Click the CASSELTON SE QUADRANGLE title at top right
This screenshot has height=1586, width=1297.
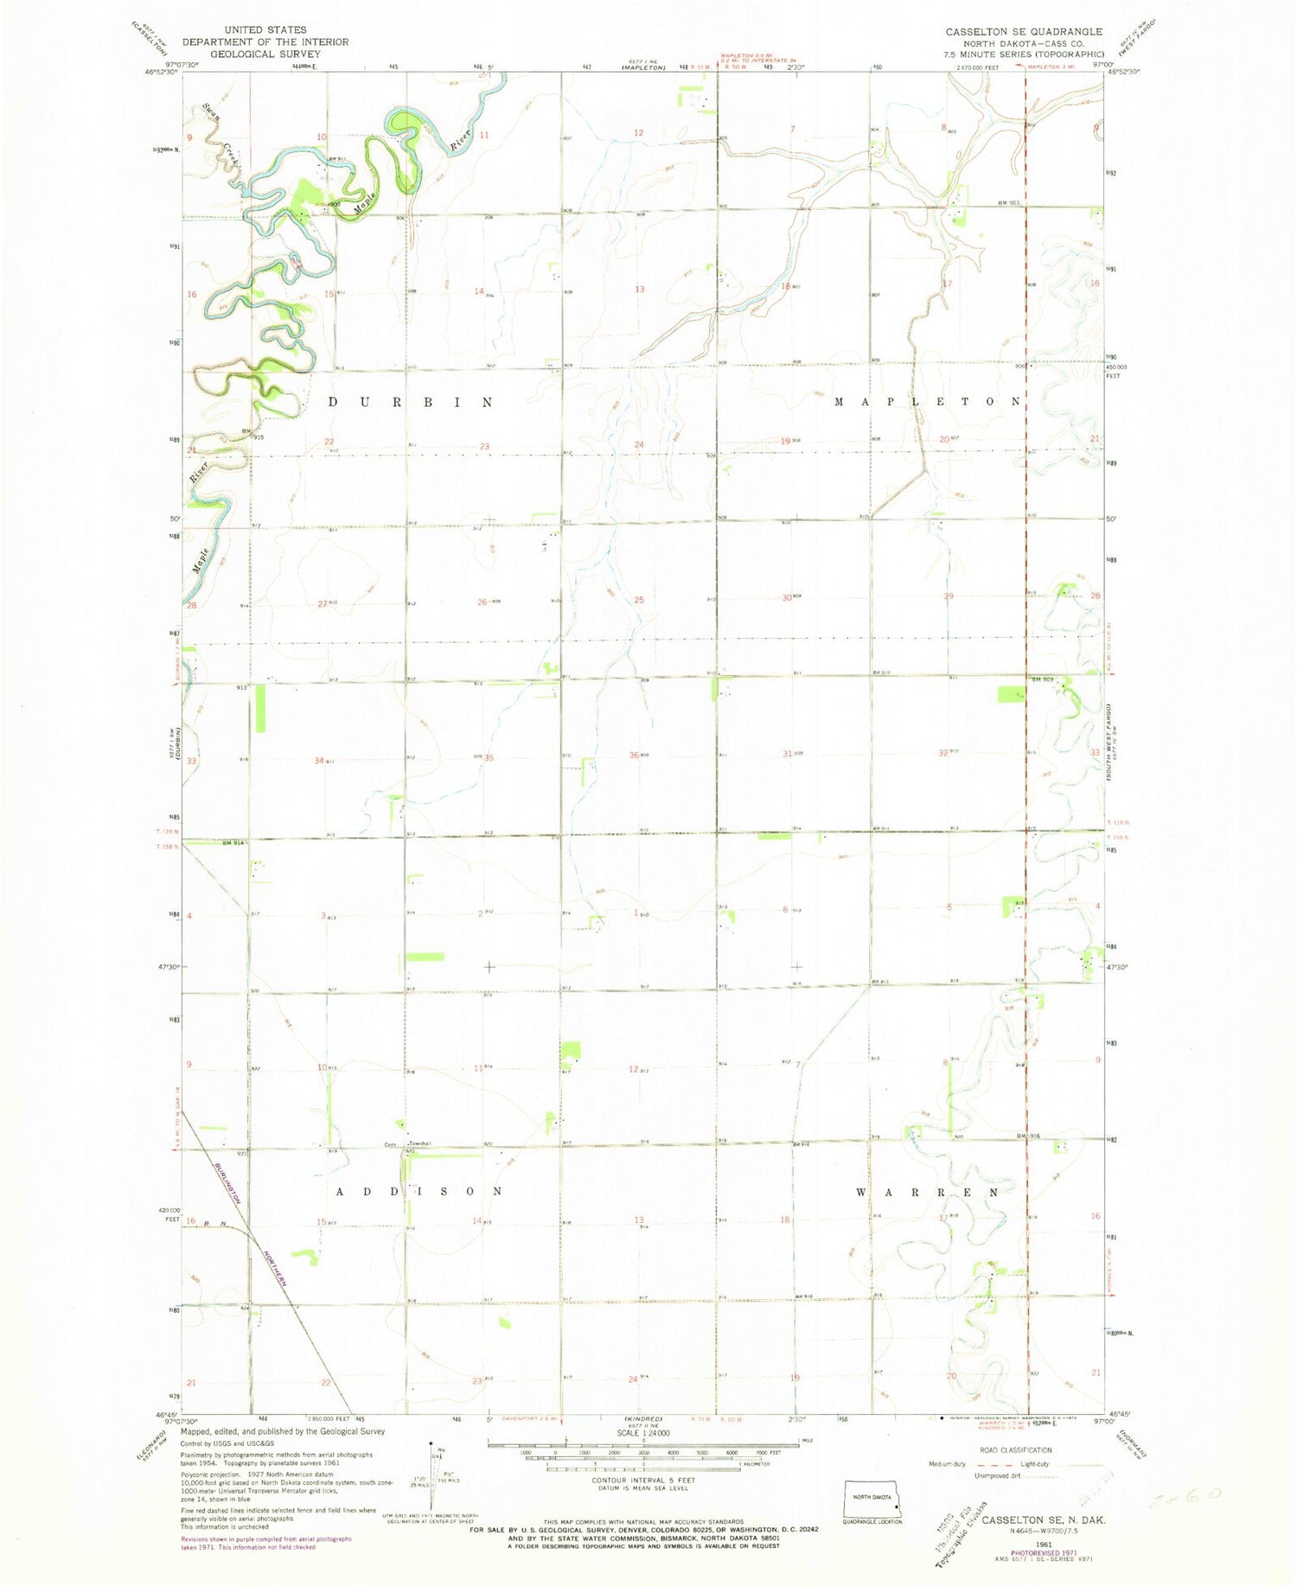[1024, 32]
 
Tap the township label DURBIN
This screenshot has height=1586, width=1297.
[411, 403]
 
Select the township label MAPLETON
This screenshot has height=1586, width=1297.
[927, 402]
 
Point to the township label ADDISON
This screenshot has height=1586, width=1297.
[419, 1191]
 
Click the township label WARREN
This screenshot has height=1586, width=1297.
[927, 1192]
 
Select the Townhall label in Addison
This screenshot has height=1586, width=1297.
[419, 1144]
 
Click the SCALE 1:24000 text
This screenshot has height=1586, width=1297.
[643, 1432]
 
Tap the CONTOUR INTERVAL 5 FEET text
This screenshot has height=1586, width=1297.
[643, 1480]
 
